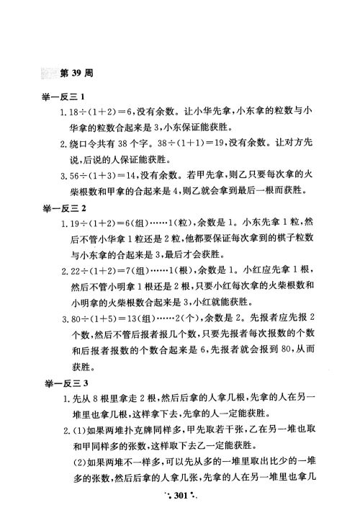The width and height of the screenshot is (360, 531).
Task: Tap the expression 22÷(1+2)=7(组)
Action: (109, 288)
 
